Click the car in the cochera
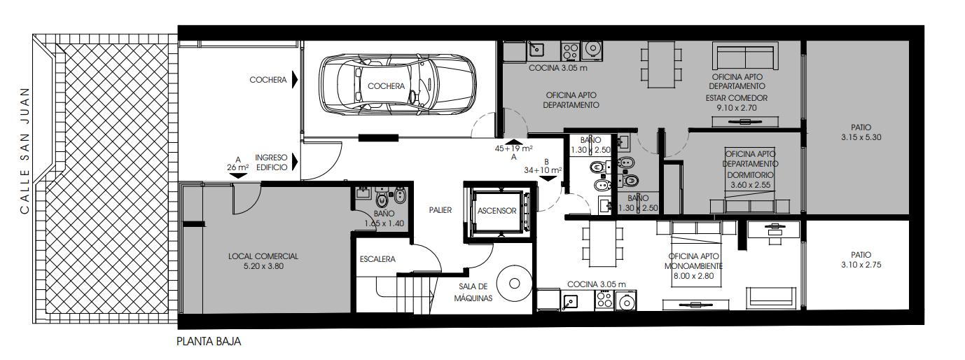[397, 85]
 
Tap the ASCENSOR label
[497, 211]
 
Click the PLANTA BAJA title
[209, 342]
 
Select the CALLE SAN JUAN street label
[25, 151]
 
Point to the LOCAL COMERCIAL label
[263, 256]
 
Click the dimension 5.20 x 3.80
[263, 266]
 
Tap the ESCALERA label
[377, 259]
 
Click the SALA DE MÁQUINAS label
[473, 292]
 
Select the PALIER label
[440, 210]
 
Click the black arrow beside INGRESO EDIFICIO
[295, 162]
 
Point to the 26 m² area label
[238, 167]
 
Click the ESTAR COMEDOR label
[737, 98]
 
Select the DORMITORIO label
[751, 175]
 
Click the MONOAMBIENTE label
[693, 266]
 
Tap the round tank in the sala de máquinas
[514, 284]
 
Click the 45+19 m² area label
[513, 148]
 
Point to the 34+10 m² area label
[543, 170]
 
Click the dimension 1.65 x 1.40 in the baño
[384, 223]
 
